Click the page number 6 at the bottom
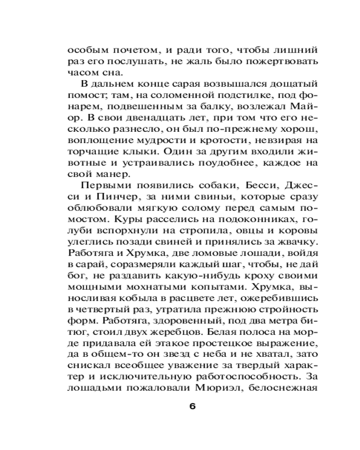(192, 406)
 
